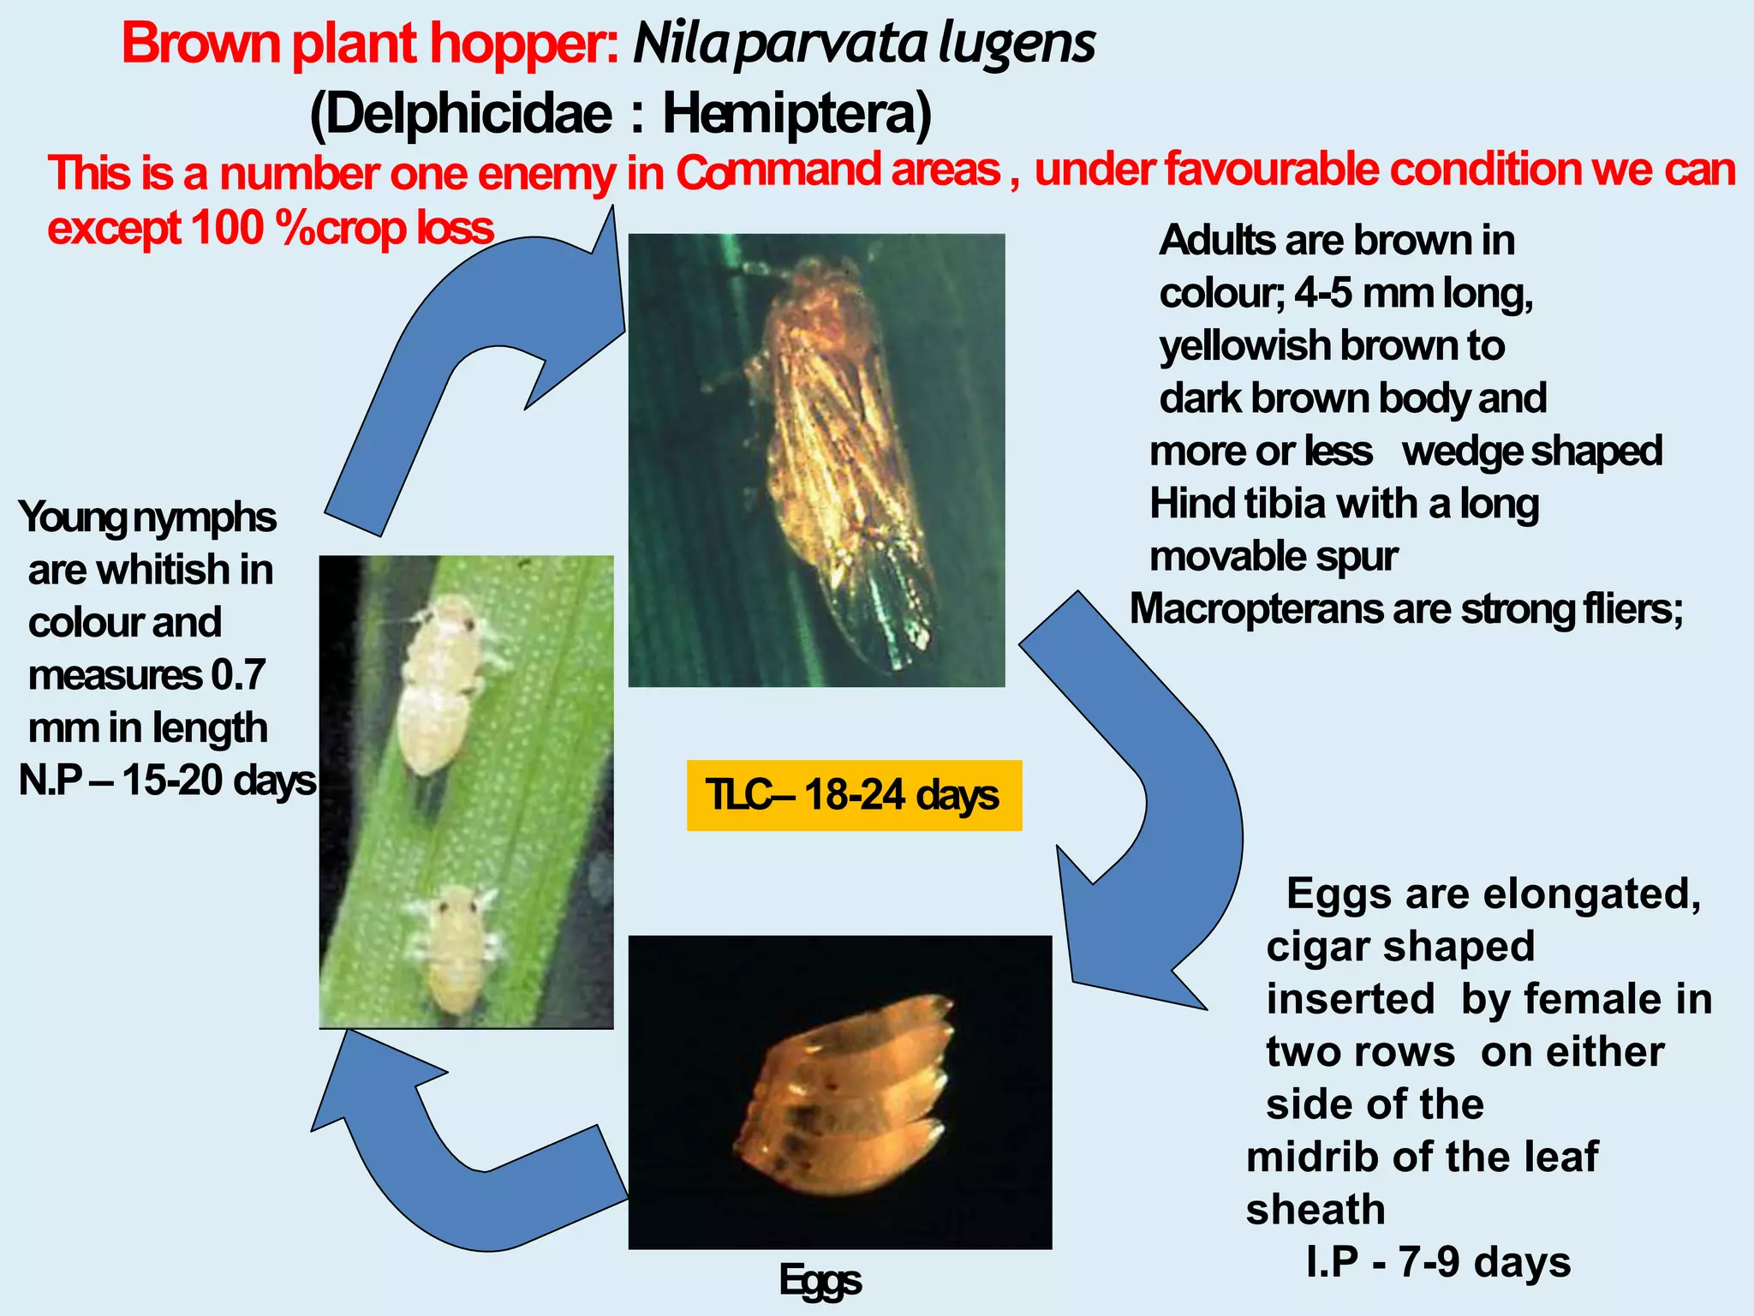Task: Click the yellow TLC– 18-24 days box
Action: click(854, 795)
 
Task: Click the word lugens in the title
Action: click(1017, 45)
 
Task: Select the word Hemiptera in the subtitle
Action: click(796, 114)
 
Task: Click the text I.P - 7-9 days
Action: click(1438, 1262)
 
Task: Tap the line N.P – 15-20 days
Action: click(167, 781)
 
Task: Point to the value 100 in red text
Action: click(228, 228)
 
